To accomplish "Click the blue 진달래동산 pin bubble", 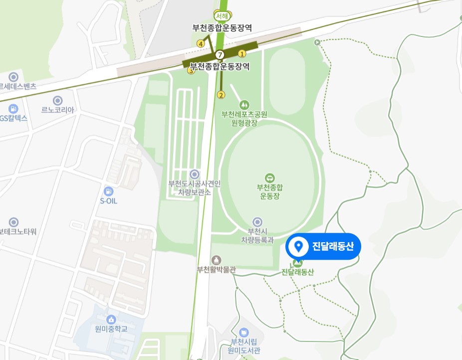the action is point(323,246).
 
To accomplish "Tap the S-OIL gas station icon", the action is point(108,191).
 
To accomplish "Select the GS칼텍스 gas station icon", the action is point(13,108).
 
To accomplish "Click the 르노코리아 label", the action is point(58,110).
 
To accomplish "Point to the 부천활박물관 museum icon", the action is point(216,260).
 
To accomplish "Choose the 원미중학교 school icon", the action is point(111,319).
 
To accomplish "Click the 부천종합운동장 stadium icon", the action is point(269,178).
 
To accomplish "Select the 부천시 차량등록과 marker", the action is point(257,222).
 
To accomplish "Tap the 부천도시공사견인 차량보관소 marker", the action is point(194,174).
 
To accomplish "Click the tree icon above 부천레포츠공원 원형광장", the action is point(244,105).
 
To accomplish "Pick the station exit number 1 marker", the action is point(242,53).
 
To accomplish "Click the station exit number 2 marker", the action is point(222,95).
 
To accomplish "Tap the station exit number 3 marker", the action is point(190,71).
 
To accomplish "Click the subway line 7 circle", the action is point(221,54).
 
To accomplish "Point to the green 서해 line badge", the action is point(220,15).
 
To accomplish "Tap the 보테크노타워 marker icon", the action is point(13,222).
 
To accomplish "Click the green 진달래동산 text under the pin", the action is point(298,272).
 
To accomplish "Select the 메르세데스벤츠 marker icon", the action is point(13,77).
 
